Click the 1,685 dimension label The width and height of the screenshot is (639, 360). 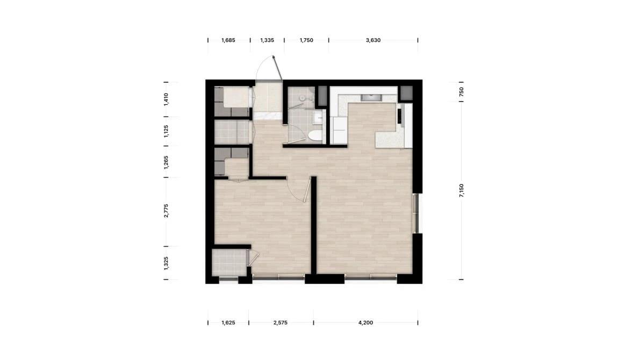(228, 40)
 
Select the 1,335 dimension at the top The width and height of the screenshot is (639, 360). (267, 40)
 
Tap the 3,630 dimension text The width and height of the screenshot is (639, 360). (374, 40)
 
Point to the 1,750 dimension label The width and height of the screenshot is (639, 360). (306, 40)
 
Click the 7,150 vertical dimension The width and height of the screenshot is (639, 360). (461, 191)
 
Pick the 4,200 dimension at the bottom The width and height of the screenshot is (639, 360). (365, 322)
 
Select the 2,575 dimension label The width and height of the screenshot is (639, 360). (281, 322)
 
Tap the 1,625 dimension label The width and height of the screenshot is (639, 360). (228, 322)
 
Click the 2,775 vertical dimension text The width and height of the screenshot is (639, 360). (166, 211)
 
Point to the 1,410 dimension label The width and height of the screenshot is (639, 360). (166, 99)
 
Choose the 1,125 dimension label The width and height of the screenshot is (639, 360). (166, 131)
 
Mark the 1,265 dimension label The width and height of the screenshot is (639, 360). (166, 162)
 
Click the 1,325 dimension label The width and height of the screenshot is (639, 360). (166, 263)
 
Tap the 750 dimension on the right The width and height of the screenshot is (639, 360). (461, 92)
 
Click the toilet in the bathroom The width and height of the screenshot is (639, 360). (314, 135)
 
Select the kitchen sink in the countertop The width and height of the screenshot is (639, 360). (371, 97)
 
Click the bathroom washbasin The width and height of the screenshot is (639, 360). (318, 118)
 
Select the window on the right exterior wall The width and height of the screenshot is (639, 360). (416, 213)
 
